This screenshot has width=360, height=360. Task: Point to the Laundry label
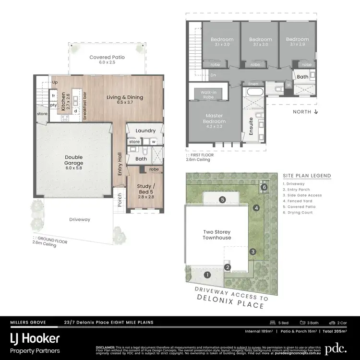point(145,131)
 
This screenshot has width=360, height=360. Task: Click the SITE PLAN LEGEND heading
point(307,176)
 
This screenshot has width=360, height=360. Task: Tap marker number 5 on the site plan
point(222,199)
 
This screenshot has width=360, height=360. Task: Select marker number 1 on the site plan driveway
point(207,275)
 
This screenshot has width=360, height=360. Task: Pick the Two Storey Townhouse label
point(217,235)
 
